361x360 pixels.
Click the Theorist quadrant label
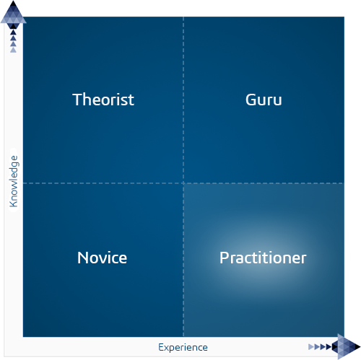103,100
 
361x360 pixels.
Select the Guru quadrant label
264,100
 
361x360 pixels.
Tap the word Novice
102,258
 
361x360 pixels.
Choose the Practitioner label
263,258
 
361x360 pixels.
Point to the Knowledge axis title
14,181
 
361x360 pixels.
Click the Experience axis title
183,348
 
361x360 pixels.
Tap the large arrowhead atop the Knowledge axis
14,12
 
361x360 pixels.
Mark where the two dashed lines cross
183,183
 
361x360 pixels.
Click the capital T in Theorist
77,100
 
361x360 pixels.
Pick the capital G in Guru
251,100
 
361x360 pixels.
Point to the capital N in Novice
83,258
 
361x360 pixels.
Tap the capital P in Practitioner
224,258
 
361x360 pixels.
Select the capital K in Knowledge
14,203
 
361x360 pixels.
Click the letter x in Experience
167,348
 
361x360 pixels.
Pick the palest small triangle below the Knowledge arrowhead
14,50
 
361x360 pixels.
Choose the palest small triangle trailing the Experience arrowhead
311,347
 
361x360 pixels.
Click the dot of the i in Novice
108,253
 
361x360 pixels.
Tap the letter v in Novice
100,259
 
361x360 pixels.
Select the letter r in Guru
269,101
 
